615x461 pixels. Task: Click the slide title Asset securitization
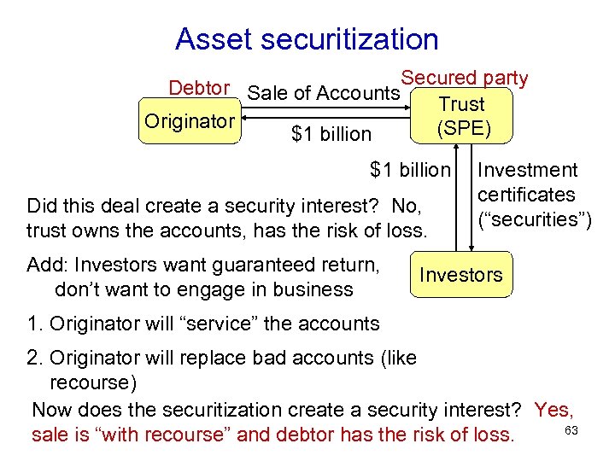[307, 38]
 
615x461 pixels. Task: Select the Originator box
[189, 122]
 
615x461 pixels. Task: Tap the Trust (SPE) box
[461, 117]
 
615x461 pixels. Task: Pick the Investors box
[461, 275]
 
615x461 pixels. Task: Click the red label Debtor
[199, 88]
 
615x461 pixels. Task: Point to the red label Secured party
[465, 78]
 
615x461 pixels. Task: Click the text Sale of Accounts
[323, 94]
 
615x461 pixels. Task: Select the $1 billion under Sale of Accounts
[331, 134]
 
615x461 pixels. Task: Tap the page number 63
[571, 429]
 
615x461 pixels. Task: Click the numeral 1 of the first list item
[32, 324]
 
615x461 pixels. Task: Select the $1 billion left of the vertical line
[409, 170]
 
